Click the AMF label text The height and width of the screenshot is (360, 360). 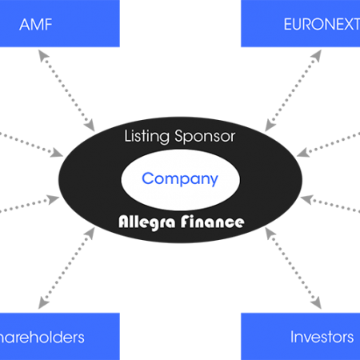click(x=36, y=25)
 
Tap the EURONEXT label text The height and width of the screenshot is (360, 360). click(x=322, y=25)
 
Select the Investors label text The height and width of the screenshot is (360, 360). click(x=322, y=337)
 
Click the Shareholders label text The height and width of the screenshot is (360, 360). click(x=42, y=338)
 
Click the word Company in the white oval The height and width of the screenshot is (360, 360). click(x=180, y=179)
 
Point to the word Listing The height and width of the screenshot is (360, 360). click(x=146, y=137)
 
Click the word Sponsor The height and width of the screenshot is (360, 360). click(x=205, y=137)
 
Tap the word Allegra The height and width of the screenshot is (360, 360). click(x=147, y=222)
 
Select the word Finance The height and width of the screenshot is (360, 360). click(x=212, y=222)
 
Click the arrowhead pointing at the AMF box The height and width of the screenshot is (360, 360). click(x=43, y=56)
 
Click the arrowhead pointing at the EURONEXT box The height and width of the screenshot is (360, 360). click(x=317, y=55)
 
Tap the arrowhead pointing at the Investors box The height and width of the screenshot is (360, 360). click(x=316, y=302)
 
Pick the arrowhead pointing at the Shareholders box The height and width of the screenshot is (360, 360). click(x=43, y=302)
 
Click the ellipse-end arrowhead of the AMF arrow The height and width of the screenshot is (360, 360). click(x=90, y=126)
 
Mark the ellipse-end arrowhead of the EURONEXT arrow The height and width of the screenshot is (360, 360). click(x=270, y=126)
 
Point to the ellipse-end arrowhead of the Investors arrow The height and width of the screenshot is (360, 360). click(x=270, y=233)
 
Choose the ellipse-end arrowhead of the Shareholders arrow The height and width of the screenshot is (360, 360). click(x=90, y=233)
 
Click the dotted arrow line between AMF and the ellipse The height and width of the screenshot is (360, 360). click(x=66, y=90)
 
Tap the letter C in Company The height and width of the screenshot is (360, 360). click(x=147, y=178)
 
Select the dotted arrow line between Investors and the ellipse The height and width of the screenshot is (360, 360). click(x=293, y=268)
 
